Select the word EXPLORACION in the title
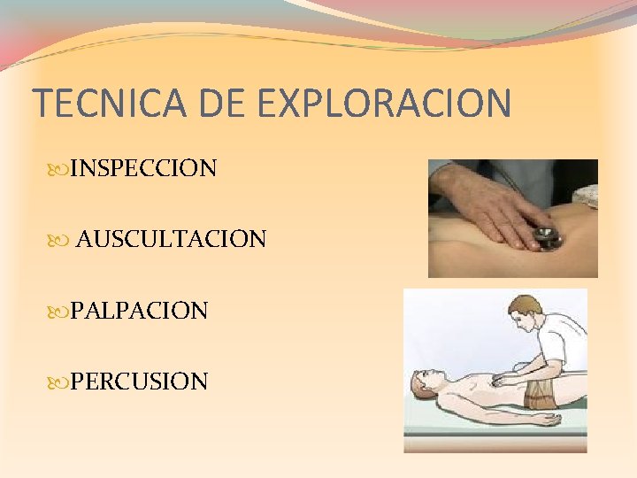(x=386, y=103)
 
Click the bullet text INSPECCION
(x=143, y=168)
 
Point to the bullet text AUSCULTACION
(x=171, y=239)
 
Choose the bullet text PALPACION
(x=139, y=311)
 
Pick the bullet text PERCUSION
(x=139, y=382)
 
